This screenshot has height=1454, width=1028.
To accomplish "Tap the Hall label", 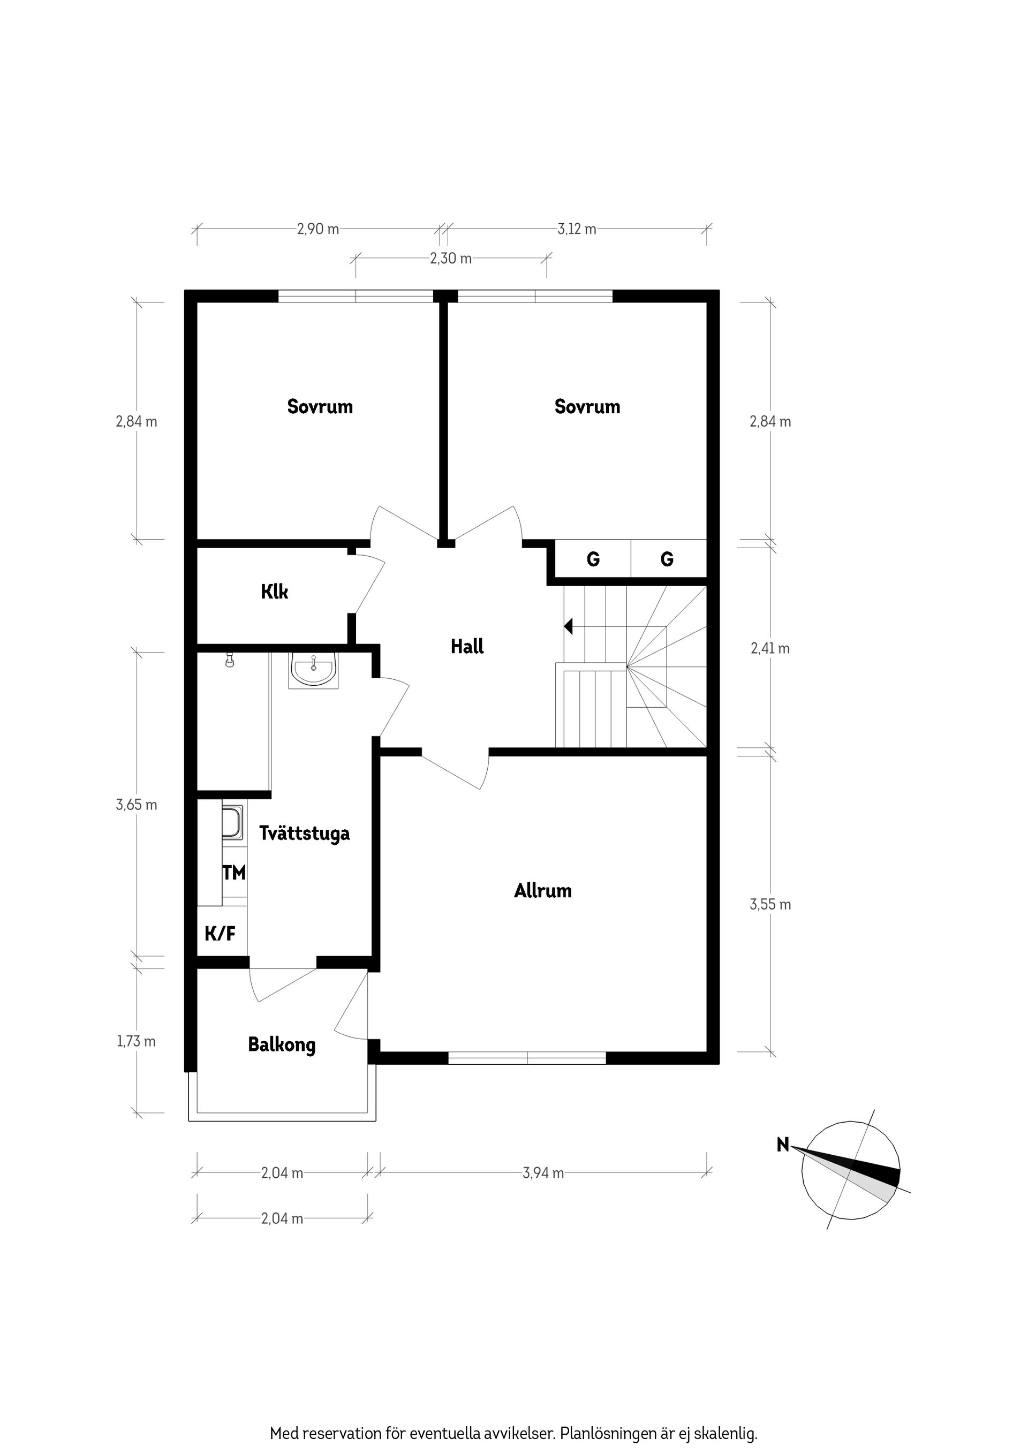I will point(467,647).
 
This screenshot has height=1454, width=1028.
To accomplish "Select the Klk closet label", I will point(274,592).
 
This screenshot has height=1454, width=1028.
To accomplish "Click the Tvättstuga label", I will point(304,834).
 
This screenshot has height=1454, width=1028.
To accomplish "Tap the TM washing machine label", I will point(234,873).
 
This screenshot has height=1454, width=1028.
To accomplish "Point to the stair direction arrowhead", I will point(568,627).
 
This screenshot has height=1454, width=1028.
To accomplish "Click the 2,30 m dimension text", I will point(450,259).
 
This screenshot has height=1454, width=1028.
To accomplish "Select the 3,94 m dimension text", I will point(543,1173).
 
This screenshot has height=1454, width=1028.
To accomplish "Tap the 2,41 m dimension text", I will point(770,648).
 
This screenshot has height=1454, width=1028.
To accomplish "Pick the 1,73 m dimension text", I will point(136,1042).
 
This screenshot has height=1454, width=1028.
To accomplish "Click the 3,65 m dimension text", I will point(136,806).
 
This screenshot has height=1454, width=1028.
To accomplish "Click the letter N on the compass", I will point(783,1145).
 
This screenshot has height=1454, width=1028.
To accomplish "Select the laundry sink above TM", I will point(233,823).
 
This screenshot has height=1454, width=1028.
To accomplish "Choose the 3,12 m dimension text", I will point(577,229).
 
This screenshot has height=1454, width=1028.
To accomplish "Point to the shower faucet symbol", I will point(230,661).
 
